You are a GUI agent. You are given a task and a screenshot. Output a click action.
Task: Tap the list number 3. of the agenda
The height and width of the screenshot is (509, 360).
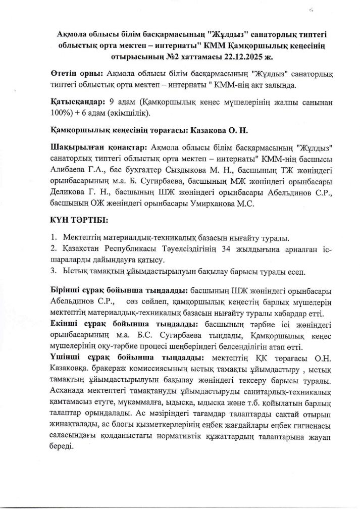(x=54, y=272)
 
